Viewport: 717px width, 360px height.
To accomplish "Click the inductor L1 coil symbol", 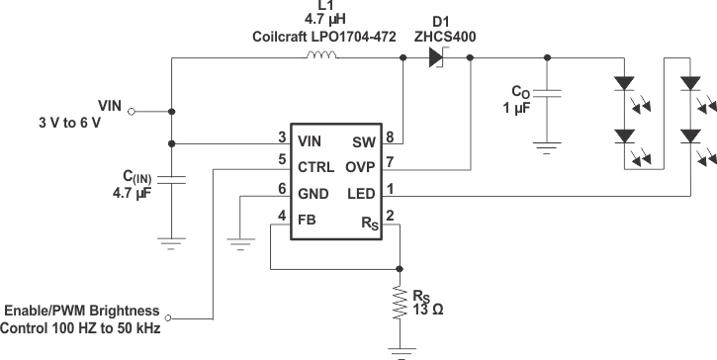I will tap(322, 56).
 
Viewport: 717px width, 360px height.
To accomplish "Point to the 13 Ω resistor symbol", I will tap(401, 305).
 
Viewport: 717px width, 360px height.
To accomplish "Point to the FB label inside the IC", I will tap(308, 218).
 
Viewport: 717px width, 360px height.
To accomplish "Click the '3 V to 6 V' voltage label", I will tap(70, 124).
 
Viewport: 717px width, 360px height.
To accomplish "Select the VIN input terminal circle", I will tap(133, 112).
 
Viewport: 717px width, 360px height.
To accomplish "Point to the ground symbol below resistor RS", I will tap(401, 350).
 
